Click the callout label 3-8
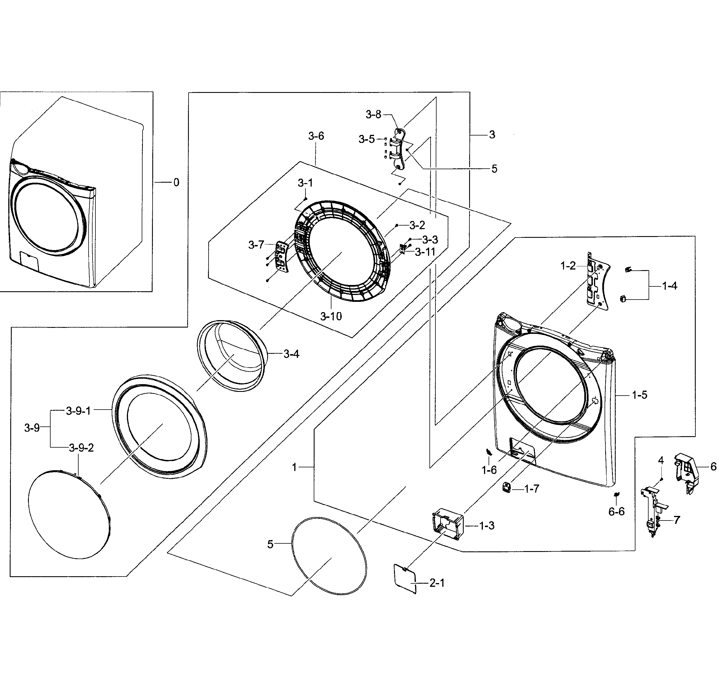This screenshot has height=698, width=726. tap(373, 115)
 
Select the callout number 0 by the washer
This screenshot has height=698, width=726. tap(176, 182)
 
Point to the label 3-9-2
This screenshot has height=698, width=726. tap(81, 448)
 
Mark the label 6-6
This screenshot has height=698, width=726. tap(616, 512)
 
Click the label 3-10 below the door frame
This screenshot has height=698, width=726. tap(331, 316)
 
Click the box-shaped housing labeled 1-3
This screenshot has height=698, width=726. tap(447, 523)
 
